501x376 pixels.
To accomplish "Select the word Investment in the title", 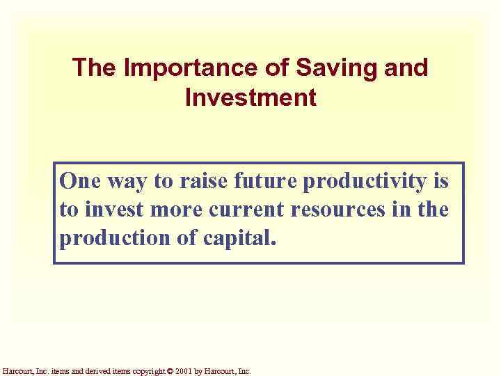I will point(250,97).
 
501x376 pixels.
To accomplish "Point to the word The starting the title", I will point(96,68).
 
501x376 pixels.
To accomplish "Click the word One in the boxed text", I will point(79,182).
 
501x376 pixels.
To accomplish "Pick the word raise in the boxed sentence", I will point(202,182).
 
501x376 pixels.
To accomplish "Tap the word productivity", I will point(367,183).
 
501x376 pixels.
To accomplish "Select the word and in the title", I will point(408,68).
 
